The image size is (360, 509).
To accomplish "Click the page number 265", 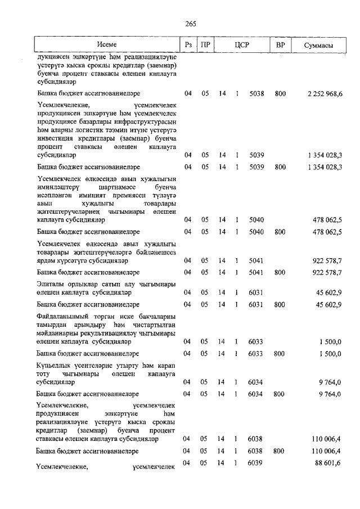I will tap(190, 23).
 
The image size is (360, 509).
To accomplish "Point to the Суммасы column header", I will tap(318, 44).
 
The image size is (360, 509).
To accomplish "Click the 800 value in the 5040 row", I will tap(280, 231).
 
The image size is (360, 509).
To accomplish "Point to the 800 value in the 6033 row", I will tap(280, 353).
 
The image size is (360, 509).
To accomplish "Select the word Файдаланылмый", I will tap(64, 317).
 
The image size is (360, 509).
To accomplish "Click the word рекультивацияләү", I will tap(97, 333).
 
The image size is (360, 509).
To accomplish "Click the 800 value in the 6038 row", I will tap(280, 451).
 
